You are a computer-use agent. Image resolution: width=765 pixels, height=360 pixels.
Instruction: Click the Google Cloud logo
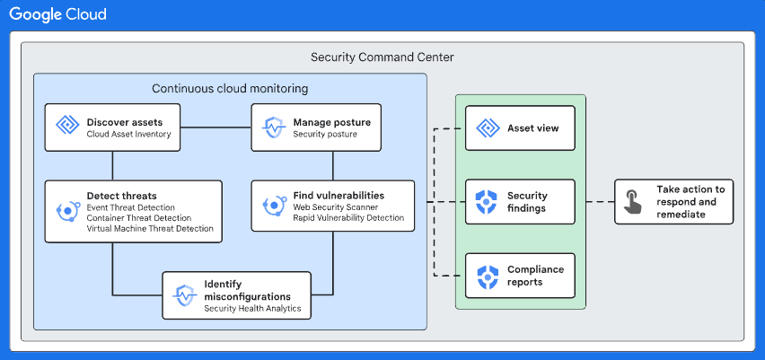(58, 14)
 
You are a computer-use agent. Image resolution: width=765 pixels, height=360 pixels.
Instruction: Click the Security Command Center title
(382, 57)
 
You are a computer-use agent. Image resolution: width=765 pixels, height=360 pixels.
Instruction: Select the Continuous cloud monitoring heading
(230, 88)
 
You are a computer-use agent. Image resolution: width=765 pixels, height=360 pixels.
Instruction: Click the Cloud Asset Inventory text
(128, 135)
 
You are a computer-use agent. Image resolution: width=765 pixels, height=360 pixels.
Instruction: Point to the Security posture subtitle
(325, 135)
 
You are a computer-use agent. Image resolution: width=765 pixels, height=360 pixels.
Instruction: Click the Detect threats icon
(68, 211)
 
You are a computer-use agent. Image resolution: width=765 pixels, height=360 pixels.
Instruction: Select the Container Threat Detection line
(138, 217)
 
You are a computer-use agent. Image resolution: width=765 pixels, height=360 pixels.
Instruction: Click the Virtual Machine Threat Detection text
(150, 229)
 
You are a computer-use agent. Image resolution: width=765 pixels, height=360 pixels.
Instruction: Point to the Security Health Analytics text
(251, 309)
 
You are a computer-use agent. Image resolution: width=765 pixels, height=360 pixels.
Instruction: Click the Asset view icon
(487, 127)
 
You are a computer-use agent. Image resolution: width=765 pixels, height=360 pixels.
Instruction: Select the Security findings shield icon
(487, 202)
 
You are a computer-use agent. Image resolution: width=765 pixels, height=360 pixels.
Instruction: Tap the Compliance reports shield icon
(487, 276)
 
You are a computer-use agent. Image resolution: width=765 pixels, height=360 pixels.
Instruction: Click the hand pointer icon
(635, 202)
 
